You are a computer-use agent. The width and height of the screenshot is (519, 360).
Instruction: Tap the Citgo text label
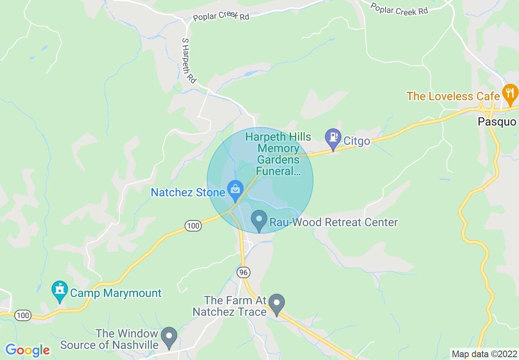click(x=357, y=142)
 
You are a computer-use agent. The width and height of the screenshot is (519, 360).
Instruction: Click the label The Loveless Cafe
click(x=453, y=97)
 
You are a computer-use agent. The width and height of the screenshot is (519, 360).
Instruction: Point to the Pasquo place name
click(x=497, y=122)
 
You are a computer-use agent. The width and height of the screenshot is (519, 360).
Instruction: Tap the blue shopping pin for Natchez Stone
click(x=235, y=190)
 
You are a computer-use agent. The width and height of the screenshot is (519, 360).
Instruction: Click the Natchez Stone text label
click(x=188, y=192)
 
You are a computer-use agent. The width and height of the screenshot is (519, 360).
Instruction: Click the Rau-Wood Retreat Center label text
click(x=334, y=223)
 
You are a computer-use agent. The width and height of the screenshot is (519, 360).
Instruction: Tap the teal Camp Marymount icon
click(x=60, y=291)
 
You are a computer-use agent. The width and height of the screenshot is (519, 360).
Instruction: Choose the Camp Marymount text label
click(x=116, y=293)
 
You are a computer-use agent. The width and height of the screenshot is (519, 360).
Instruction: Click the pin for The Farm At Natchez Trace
click(x=277, y=304)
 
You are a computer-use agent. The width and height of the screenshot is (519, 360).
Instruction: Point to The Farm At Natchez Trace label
click(x=230, y=306)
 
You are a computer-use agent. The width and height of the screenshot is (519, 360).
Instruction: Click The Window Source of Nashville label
click(x=109, y=340)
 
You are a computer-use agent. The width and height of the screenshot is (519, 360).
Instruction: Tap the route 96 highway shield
click(x=243, y=272)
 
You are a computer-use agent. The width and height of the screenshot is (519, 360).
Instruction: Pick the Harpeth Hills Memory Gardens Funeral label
click(x=278, y=154)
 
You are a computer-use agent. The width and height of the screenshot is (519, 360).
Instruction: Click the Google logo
click(x=27, y=350)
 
